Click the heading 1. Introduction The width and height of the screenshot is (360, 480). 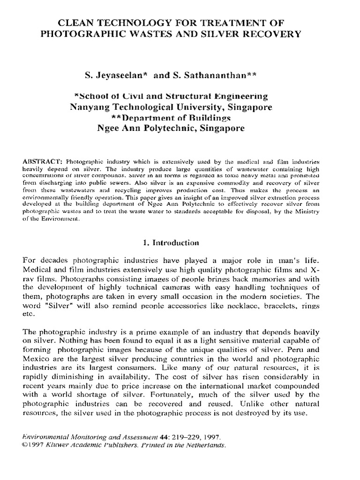(x=171, y=243)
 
